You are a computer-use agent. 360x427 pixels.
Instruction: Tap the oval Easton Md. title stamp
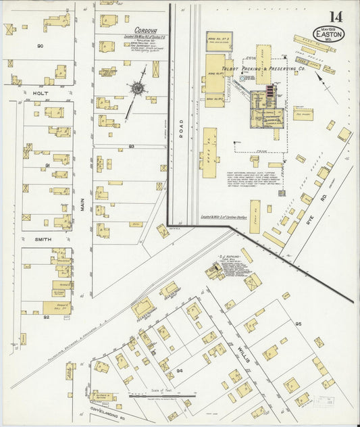329,32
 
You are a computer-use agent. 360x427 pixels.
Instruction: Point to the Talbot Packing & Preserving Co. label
264,68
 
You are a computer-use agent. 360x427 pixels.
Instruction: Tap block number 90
40,46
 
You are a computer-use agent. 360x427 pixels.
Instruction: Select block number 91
48,166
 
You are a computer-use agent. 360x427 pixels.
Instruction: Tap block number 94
180,371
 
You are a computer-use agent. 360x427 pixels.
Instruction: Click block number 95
297,324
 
